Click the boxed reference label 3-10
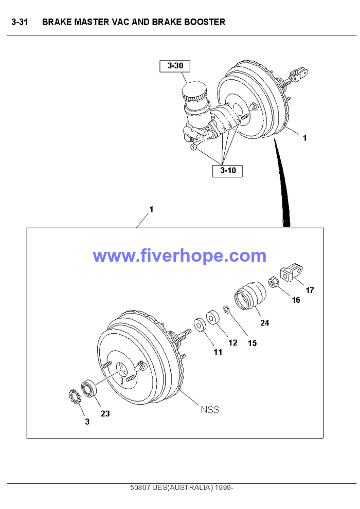[228, 171]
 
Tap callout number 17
[310, 290]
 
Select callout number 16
[296, 300]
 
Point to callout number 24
[264, 323]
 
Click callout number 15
[252, 343]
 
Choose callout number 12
[233, 343]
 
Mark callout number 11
[218, 352]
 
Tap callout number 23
[105, 413]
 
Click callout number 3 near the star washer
[87, 422]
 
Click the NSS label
[209, 410]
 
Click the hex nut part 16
[274, 282]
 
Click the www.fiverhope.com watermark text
[179, 256]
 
